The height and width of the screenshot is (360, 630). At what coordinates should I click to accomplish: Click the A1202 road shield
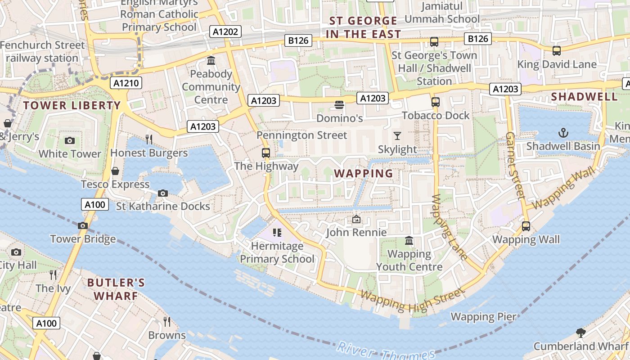tap(225, 31)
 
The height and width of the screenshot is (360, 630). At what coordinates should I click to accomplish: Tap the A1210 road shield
tap(126, 83)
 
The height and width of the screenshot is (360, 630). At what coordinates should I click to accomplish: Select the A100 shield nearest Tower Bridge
tap(95, 205)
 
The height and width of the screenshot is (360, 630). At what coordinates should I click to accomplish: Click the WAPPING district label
tap(364, 173)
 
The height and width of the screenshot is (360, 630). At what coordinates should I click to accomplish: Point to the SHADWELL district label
tap(584, 97)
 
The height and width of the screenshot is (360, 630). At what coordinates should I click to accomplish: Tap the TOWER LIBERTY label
tap(72, 106)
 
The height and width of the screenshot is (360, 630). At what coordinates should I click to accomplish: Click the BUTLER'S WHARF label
tap(116, 289)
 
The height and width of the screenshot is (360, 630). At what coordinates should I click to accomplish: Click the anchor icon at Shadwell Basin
tap(563, 133)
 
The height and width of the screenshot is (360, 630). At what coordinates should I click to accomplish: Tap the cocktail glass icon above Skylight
tap(397, 135)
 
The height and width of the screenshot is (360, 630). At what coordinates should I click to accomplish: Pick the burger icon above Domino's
tap(339, 105)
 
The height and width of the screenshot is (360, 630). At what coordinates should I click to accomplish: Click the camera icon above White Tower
tap(69, 140)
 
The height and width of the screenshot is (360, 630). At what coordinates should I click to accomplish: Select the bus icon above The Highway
tap(266, 153)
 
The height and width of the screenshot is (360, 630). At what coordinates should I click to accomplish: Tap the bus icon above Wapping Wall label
tap(526, 226)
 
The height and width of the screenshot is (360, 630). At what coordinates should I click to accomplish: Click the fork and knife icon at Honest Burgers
tap(149, 139)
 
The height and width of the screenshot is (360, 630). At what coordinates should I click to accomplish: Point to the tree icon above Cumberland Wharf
tap(580, 333)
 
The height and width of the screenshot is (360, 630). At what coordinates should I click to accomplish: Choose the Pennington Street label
tap(301, 135)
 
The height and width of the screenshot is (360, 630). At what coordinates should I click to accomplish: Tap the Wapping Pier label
tap(483, 317)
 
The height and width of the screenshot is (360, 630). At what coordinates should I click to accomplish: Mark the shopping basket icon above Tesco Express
tap(115, 171)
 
